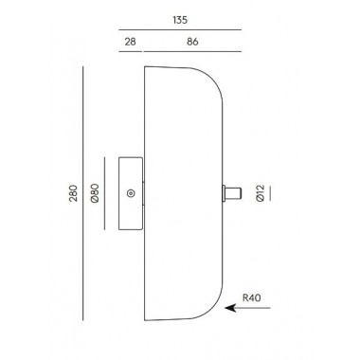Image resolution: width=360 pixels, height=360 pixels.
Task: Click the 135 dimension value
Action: (x=180, y=20)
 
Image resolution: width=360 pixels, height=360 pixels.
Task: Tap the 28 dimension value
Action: (x=130, y=42)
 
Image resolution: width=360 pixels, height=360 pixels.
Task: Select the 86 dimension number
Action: (x=192, y=42)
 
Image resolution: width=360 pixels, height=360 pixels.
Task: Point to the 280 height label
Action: (x=73, y=193)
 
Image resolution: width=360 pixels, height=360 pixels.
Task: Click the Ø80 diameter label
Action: (x=95, y=193)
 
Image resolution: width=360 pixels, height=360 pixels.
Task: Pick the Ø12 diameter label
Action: (x=260, y=193)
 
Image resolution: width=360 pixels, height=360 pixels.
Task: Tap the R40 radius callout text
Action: (x=252, y=297)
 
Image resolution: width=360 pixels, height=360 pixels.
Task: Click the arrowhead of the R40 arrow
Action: (x=230, y=308)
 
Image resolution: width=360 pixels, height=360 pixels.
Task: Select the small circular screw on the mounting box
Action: (x=131, y=193)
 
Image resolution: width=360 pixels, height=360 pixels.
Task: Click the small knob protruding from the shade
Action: (x=232, y=193)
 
